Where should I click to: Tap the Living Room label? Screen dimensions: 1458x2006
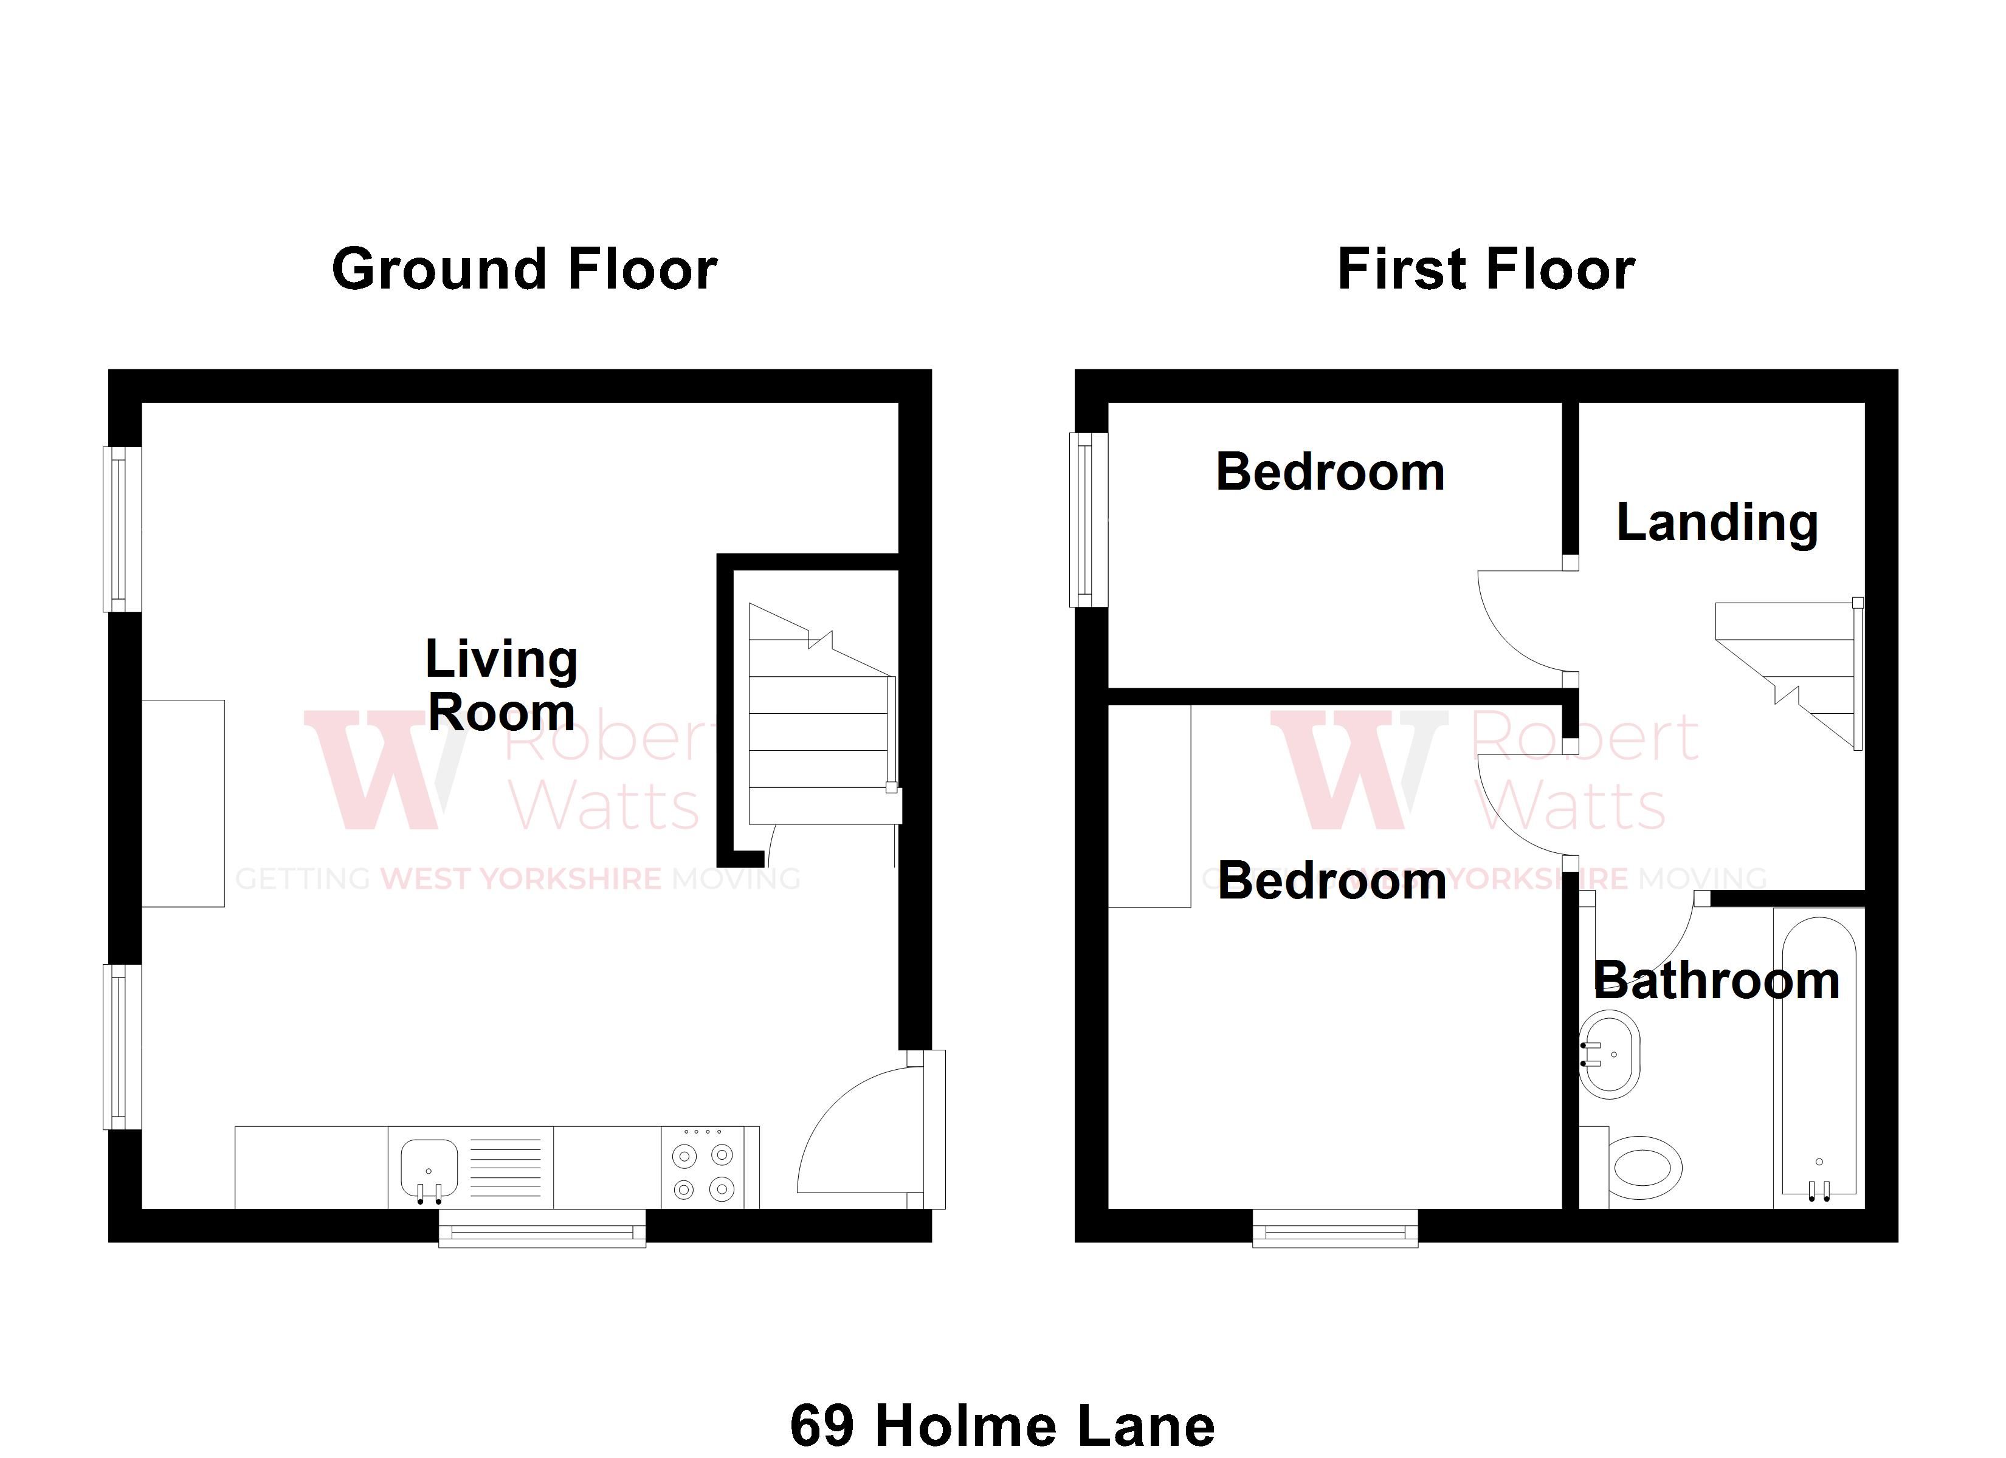pos(501,685)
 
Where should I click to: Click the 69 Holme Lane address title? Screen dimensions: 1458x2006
pos(1002,1425)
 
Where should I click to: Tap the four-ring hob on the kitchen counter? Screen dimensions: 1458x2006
pos(703,1171)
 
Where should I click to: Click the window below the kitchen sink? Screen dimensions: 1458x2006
pos(542,1230)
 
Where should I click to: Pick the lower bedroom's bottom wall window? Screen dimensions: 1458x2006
pos(1335,1230)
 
